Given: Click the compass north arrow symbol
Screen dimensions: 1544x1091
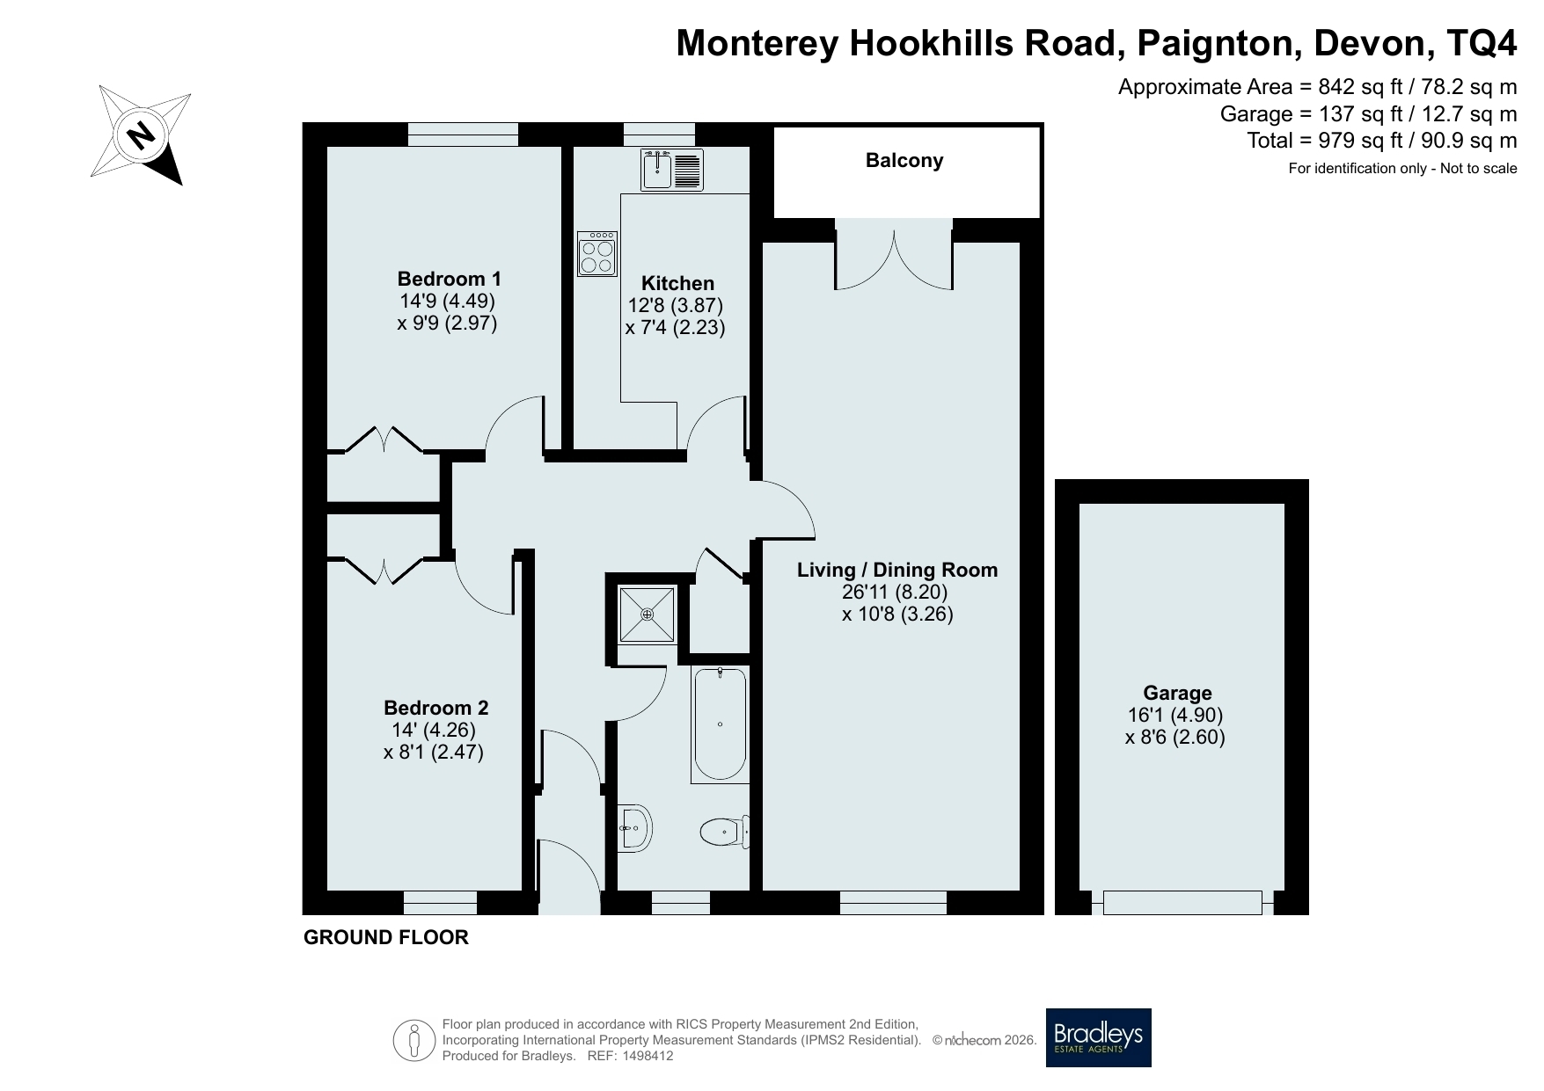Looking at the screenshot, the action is tap(141, 135).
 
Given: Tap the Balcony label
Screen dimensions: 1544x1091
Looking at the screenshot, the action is tap(904, 160).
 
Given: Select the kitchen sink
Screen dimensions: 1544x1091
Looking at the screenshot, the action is tap(672, 170).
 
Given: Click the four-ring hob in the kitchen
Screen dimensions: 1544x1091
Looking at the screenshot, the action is tap(597, 253).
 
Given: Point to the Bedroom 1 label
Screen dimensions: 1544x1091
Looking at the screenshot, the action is tap(449, 279).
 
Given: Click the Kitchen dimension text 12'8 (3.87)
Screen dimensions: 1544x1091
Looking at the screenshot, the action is tap(676, 306).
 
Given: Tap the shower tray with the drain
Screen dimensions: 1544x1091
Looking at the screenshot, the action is tap(648, 614).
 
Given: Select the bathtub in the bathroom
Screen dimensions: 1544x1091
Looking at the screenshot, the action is tap(720, 724).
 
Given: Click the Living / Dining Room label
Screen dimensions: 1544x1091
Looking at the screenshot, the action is tap(897, 570).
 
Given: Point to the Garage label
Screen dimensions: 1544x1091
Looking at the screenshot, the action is tap(1177, 693).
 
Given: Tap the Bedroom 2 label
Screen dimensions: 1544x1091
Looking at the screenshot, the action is tap(435, 708).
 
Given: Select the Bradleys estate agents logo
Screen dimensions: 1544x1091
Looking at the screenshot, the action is tap(1098, 1037).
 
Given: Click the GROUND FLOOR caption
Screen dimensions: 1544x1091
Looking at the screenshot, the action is tap(386, 938).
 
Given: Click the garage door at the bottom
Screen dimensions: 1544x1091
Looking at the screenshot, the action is tap(1182, 902).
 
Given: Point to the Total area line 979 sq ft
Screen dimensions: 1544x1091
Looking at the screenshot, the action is tap(1381, 141).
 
